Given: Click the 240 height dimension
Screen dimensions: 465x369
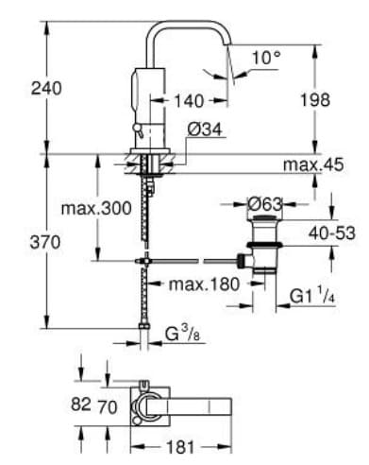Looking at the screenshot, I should click(20, 88).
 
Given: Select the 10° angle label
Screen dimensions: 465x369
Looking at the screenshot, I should click(266, 59).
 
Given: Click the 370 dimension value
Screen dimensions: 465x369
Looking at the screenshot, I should click(20, 242).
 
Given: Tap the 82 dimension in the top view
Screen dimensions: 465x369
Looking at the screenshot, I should click(80, 405).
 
